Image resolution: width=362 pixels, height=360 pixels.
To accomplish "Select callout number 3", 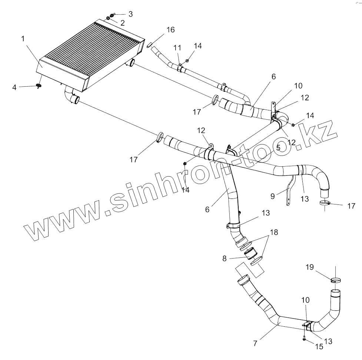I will coord(130,14).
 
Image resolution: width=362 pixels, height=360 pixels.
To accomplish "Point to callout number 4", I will coord(15,87).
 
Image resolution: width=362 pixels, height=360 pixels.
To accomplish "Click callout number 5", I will coord(278,147).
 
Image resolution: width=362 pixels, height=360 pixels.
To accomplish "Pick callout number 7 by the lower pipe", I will coord(255,343).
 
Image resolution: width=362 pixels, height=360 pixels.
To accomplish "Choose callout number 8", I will coord(225,259).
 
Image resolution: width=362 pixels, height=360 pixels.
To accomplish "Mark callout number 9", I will coord(273,196).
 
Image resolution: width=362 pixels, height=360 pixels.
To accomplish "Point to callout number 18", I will coord(273,232).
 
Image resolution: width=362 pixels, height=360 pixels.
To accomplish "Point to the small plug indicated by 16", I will coord(150,45).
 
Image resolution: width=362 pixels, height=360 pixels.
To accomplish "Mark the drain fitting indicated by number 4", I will coord(39,86).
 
